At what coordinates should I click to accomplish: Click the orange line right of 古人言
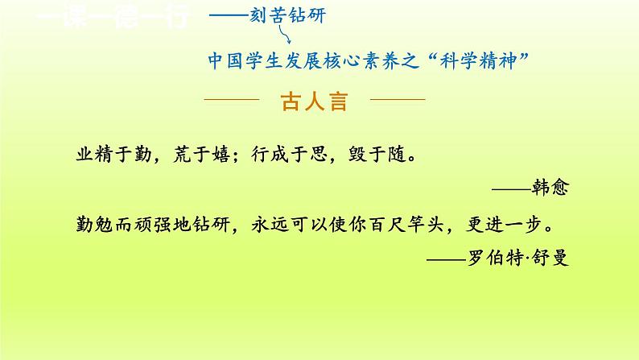396,101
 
